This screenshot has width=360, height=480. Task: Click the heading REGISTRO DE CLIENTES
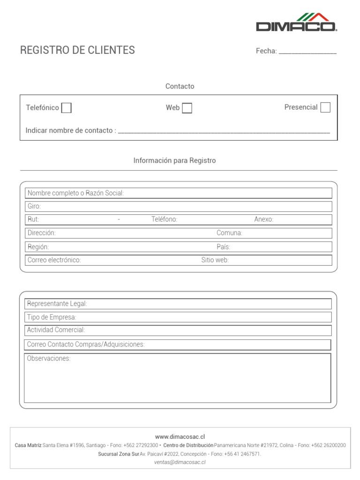point(77,50)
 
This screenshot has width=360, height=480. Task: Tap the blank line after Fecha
point(307,52)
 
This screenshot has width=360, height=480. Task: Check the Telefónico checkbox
point(67,108)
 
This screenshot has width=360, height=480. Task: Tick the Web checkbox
point(187,108)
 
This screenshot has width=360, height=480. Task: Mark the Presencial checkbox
point(325,107)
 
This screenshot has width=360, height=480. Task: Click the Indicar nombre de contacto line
point(224,131)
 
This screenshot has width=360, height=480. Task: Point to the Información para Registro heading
point(174,160)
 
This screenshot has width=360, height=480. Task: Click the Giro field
point(178,206)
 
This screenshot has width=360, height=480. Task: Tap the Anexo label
point(263,219)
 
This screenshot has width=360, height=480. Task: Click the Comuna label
point(229,233)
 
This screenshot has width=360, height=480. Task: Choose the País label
point(223,247)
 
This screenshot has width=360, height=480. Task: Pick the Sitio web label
point(215,260)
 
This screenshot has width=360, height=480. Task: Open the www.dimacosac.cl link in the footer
point(180,436)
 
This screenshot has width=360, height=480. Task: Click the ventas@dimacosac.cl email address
point(180,462)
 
